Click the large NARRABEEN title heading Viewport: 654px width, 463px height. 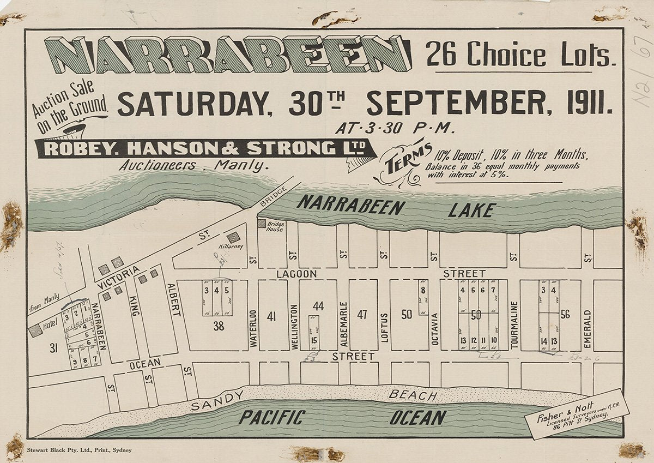coord(228,55)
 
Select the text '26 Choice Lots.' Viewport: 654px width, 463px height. coord(520,56)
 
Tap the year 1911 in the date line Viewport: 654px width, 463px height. coord(587,103)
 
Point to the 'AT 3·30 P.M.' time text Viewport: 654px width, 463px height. coord(395,129)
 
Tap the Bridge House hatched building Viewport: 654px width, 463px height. coord(261,224)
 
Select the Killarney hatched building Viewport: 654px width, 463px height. coord(233,237)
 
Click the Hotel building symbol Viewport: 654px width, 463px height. coord(35,330)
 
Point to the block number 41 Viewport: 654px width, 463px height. coord(272,315)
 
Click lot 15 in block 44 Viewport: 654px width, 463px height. coord(314,341)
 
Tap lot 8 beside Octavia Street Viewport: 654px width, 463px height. coord(422,291)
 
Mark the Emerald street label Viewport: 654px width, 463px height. coord(587,323)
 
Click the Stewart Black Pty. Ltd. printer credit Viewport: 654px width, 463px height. coord(79,450)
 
